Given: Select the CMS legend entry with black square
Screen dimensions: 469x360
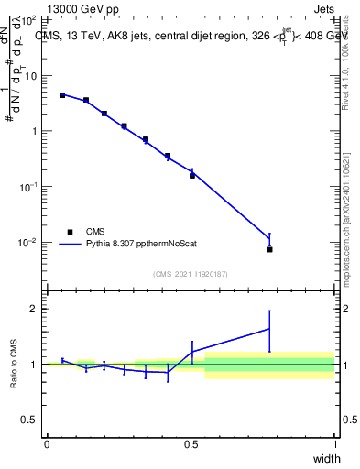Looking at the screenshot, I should click(x=70, y=232).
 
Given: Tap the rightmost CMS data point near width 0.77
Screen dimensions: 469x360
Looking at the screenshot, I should click(x=269, y=249).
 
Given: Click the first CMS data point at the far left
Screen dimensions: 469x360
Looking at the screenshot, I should click(x=62, y=95).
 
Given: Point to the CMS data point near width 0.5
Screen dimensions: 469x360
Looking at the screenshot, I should click(x=191, y=175).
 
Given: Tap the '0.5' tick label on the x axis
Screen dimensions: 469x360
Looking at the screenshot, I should click(x=191, y=443).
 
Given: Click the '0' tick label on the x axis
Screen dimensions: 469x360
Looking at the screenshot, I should click(x=48, y=443).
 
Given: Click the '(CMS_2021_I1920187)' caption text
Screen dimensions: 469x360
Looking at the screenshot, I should click(x=191, y=274).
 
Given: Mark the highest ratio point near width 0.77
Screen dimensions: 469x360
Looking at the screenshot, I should click(x=269, y=328).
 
